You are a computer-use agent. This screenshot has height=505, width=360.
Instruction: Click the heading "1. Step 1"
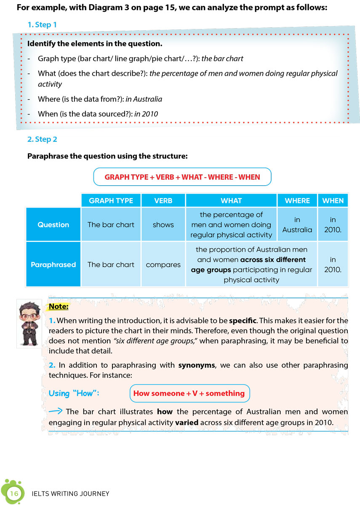click(x=42, y=25)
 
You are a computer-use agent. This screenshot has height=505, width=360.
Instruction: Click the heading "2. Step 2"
click(x=43, y=139)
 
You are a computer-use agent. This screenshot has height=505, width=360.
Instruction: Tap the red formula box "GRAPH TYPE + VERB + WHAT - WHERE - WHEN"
click(x=182, y=177)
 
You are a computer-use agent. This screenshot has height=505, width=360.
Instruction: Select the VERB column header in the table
click(x=163, y=201)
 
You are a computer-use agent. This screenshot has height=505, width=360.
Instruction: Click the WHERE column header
click(x=297, y=201)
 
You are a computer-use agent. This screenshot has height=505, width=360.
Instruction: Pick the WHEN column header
click(x=333, y=201)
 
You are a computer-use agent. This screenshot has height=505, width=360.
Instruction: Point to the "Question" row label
click(x=53, y=225)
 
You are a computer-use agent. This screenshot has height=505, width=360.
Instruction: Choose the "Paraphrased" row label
click(x=53, y=265)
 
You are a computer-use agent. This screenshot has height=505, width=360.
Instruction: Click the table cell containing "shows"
click(x=163, y=225)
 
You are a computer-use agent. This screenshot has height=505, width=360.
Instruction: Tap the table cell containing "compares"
click(x=163, y=265)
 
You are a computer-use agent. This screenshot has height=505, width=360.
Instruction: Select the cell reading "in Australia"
click(x=297, y=225)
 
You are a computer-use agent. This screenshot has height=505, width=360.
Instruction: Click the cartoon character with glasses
click(x=29, y=323)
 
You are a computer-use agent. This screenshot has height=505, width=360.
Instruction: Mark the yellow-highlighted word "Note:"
click(x=59, y=306)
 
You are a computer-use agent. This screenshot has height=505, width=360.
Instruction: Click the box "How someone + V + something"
click(x=189, y=393)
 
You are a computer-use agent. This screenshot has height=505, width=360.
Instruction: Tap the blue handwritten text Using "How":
click(x=74, y=393)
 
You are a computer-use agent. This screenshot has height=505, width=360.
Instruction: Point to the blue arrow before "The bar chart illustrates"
click(x=56, y=411)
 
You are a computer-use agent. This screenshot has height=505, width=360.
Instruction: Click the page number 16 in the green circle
click(x=14, y=493)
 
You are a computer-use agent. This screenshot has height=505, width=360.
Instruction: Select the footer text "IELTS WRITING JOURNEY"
click(x=71, y=494)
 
